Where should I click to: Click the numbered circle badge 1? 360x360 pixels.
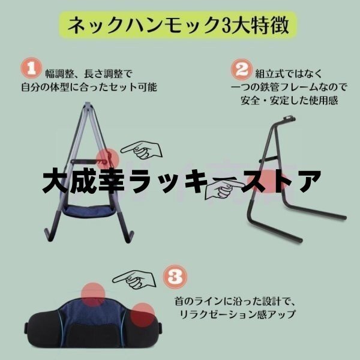[31, 68]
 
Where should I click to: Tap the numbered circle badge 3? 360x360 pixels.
[175, 277]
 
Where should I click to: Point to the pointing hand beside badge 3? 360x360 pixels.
[134, 279]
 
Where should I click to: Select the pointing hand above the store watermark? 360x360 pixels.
[142, 149]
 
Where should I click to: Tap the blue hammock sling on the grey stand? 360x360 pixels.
[89, 211]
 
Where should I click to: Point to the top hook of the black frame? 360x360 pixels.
[289, 119]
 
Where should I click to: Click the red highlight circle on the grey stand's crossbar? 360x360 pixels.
[107, 160]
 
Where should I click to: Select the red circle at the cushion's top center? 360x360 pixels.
[93, 295]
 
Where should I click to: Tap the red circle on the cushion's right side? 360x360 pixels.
[143, 314]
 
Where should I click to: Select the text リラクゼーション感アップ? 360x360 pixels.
[237, 314]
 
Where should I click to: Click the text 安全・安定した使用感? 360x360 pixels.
[289, 100]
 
